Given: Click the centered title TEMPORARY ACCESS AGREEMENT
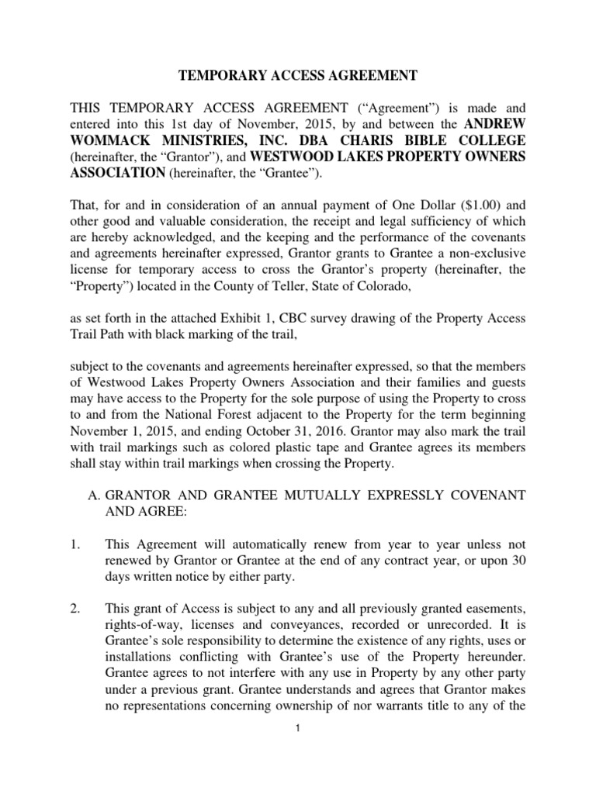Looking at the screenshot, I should pos(298,75).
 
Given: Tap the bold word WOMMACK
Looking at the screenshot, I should pos(112,140).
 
